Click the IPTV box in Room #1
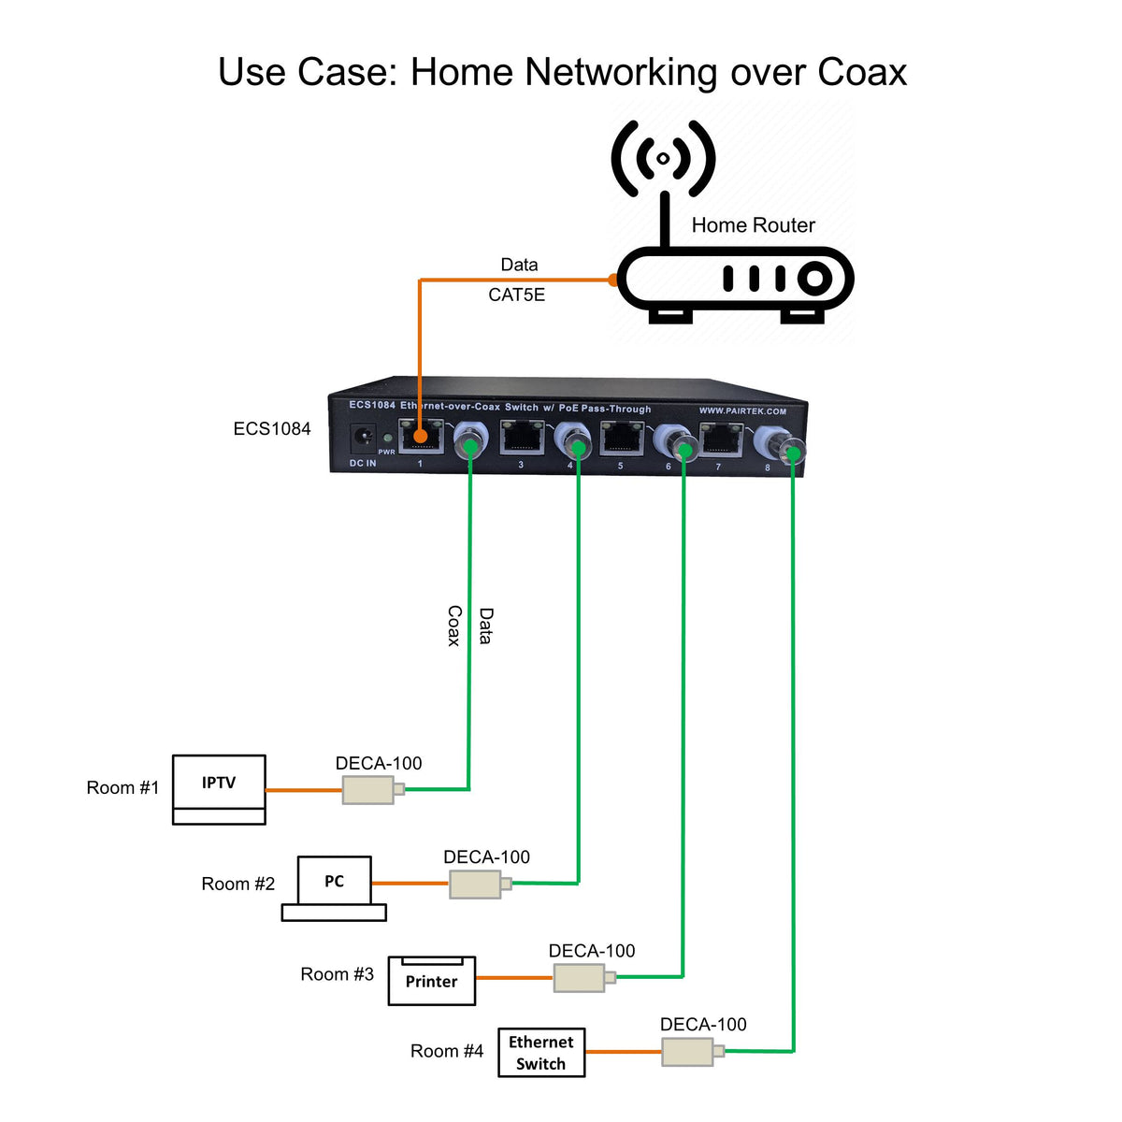(x=219, y=784)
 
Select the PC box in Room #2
(x=334, y=882)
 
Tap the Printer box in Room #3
(x=431, y=982)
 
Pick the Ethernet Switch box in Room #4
(x=541, y=1053)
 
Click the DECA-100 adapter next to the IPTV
(x=368, y=790)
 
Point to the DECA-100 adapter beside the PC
(x=475, y=885)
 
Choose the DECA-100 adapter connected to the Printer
(x=580, y=978)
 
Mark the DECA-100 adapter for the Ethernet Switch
(x=688, y=1052)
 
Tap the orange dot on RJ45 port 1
(x=421, y=436)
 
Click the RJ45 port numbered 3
(x=522, y=438)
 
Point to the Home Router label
(x=753, y=225)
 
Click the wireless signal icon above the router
(x=663, y=159)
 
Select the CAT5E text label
(x=516, y=295)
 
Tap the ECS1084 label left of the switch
(x=272, y=429)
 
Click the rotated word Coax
(x=453, y=626)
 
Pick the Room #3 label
(x=337, y=974)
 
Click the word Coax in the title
(x=861, y=72)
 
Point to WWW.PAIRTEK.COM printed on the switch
(x=742, y=410)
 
